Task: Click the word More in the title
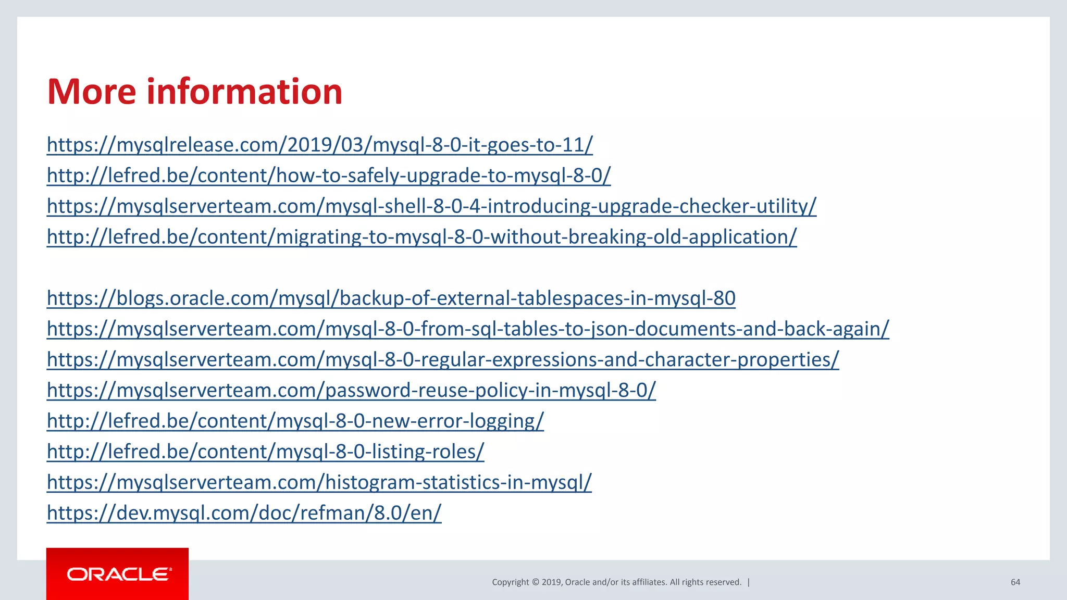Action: pos(92,92)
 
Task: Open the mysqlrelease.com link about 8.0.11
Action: pos(319,145)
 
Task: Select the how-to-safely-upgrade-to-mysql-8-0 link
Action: pos(328,176)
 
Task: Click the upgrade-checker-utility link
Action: pos(431,206)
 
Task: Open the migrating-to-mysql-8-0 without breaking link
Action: pos(421,237)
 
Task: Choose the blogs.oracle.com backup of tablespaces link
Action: pos(391,298)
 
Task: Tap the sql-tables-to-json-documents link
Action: pos(467,329)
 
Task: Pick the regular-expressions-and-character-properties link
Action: pos(443,360)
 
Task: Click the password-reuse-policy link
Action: pos(351,391)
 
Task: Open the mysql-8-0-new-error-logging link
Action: pos(295,421)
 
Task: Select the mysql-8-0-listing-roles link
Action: pos(265,452)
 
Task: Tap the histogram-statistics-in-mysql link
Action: pos(319,483)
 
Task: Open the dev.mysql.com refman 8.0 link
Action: pos(244,514)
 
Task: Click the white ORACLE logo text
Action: pos(119,574)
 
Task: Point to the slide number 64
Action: pos(1015,582)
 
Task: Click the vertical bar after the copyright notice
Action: pos(749,582)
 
